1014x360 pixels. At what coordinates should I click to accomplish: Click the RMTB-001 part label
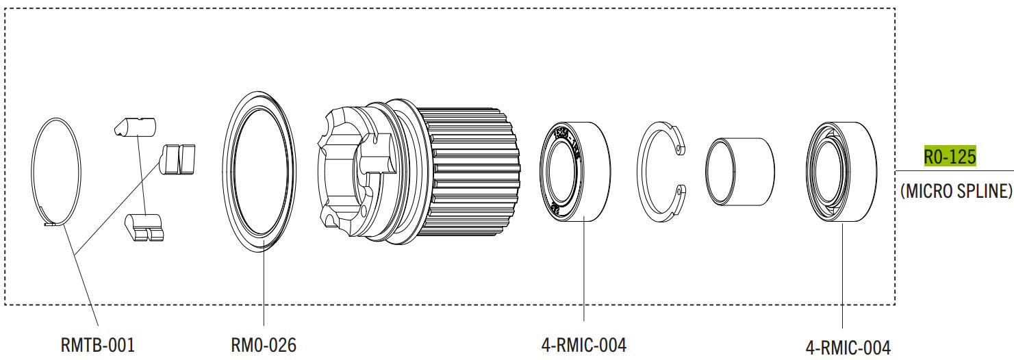click(97, 344)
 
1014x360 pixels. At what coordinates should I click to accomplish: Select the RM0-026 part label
click(264, 344)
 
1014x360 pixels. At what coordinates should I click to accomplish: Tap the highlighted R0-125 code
click(949, 157)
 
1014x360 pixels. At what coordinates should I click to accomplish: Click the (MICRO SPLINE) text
click(955, 191)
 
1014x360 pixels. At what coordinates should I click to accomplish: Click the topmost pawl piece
click(135, 127)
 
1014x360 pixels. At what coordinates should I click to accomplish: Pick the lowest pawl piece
click(145, 227)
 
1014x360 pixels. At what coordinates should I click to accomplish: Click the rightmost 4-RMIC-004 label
click(848, 347)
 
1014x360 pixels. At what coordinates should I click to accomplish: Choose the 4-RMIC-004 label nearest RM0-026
click(583, 344)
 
